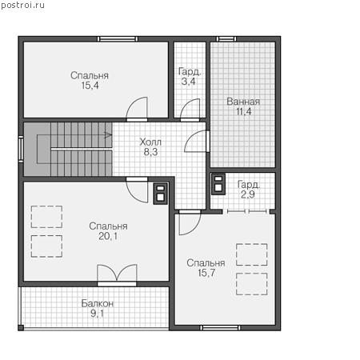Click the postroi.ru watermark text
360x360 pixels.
(22, 5)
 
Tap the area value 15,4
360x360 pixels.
(90, 86)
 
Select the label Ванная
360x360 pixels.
(243, 102)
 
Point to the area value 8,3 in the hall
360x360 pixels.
(150, 152)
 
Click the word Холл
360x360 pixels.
(150, 142)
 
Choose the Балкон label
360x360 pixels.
(98, 303)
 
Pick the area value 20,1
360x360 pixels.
(108, 236)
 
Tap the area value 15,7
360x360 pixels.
(206, 273)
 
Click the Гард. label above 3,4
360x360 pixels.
(190, 71)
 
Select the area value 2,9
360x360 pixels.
(248, 194)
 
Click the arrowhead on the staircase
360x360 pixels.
(108, 135)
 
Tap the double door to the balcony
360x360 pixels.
(117, 274)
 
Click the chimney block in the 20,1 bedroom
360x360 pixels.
(160, 194)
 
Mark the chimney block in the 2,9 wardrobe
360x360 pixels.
(218, 184)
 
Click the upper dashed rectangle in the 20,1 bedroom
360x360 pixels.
(46, 217)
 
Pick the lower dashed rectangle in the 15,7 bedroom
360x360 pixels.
(252, 284)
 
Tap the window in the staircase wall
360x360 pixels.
(21, 149)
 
